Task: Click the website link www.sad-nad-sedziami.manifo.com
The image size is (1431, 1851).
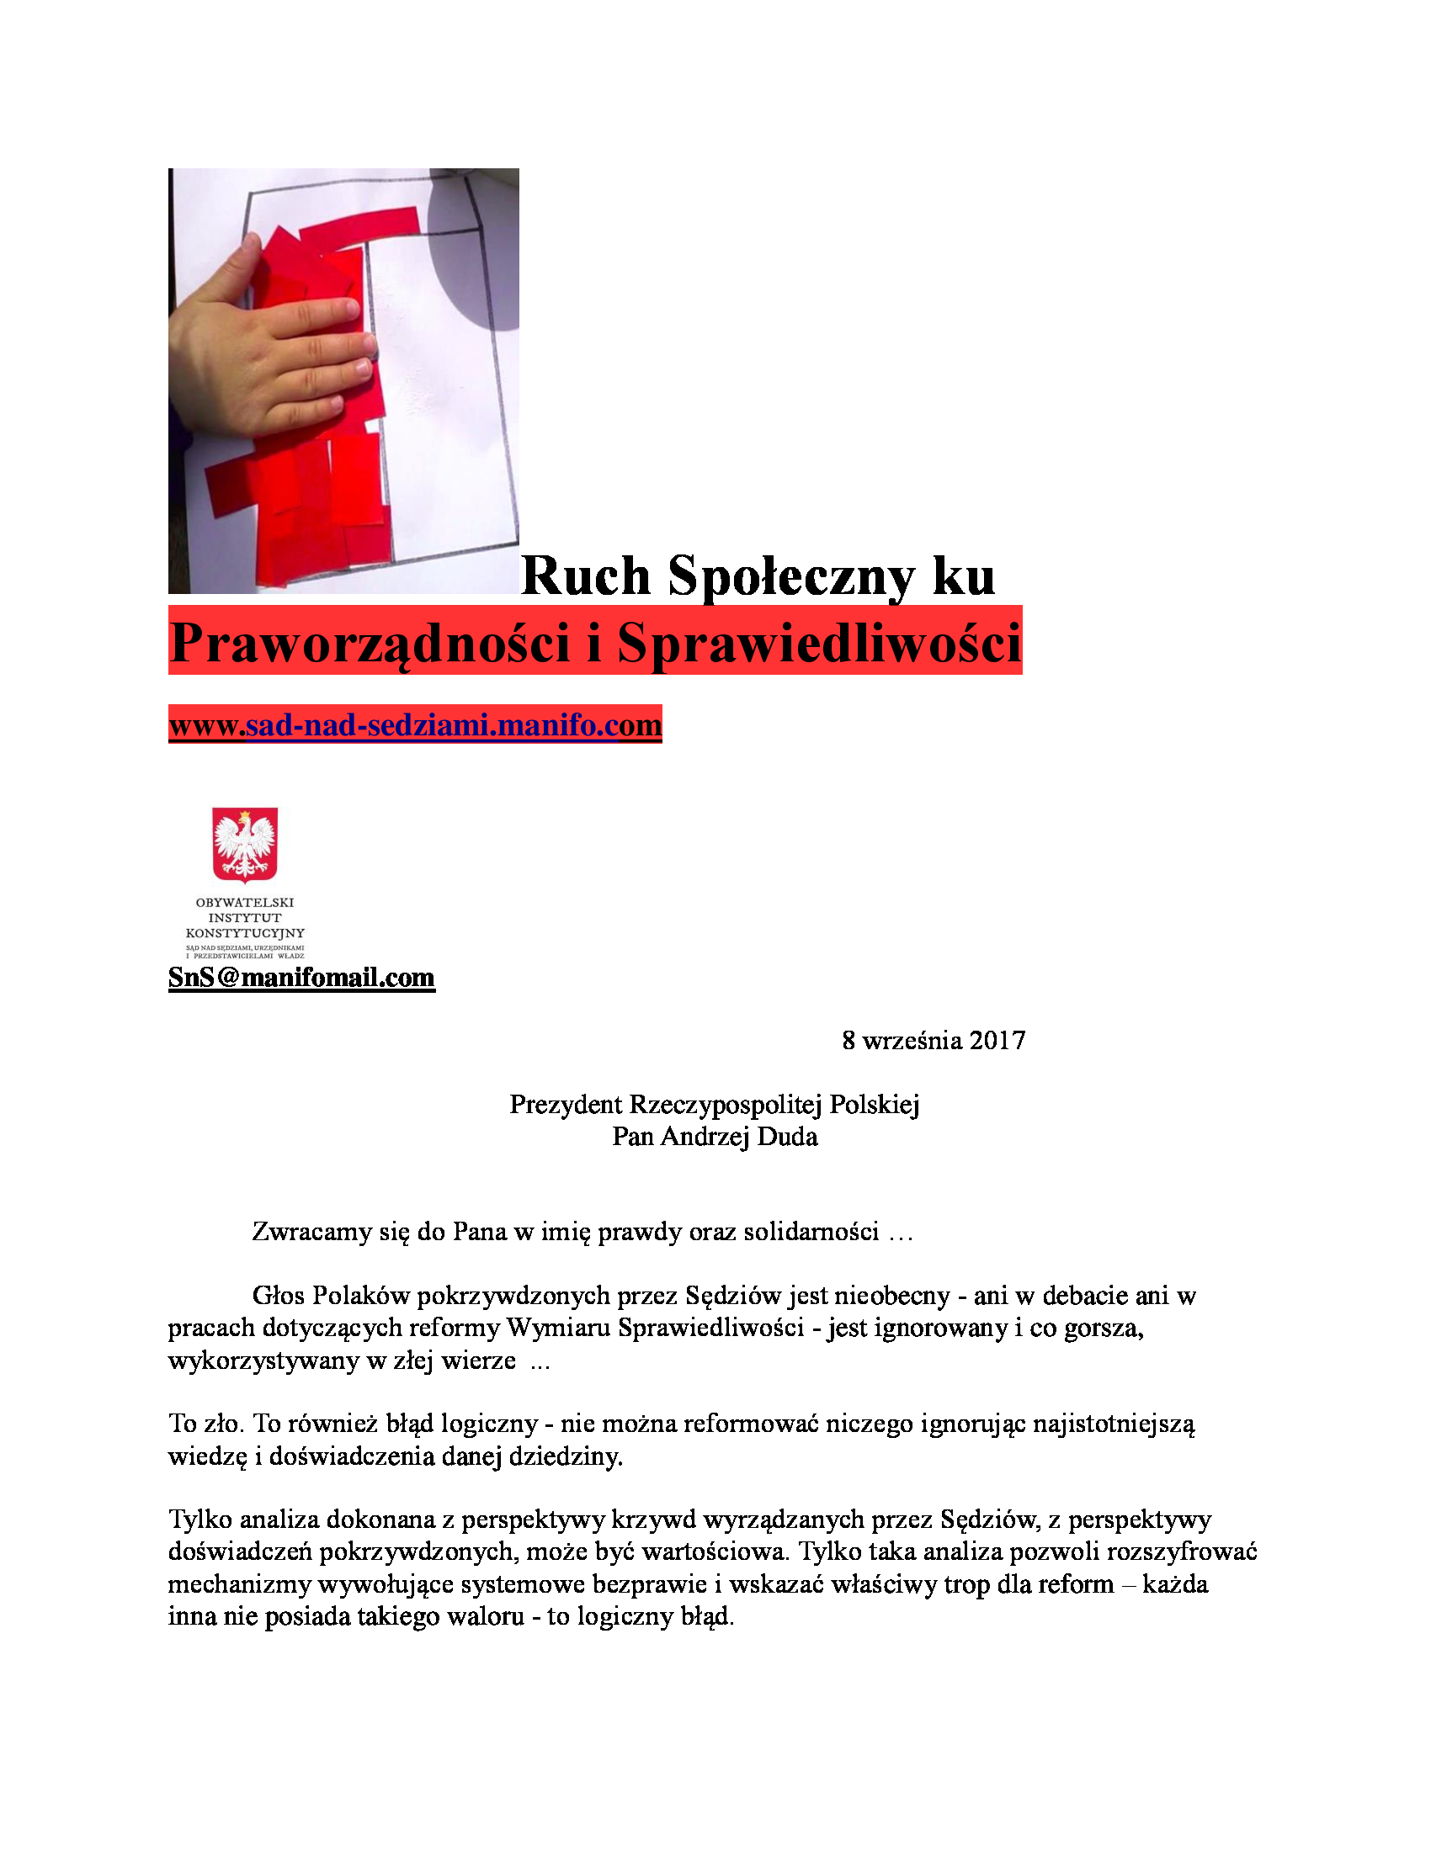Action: [414, 725]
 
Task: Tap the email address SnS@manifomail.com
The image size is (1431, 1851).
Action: [301, 977]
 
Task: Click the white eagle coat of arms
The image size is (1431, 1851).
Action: [245, 844]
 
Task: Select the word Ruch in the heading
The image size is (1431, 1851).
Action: [585, 576]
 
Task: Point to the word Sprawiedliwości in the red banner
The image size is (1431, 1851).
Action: [819, 644]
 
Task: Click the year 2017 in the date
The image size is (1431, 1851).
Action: [997, 1041]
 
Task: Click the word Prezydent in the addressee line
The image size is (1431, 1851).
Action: [566, 1106]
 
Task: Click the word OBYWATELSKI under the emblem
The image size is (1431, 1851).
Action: [245, 903]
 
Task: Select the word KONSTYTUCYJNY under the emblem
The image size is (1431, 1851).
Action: [245, 933]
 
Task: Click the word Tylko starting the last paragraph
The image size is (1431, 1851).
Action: [200, 1520]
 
